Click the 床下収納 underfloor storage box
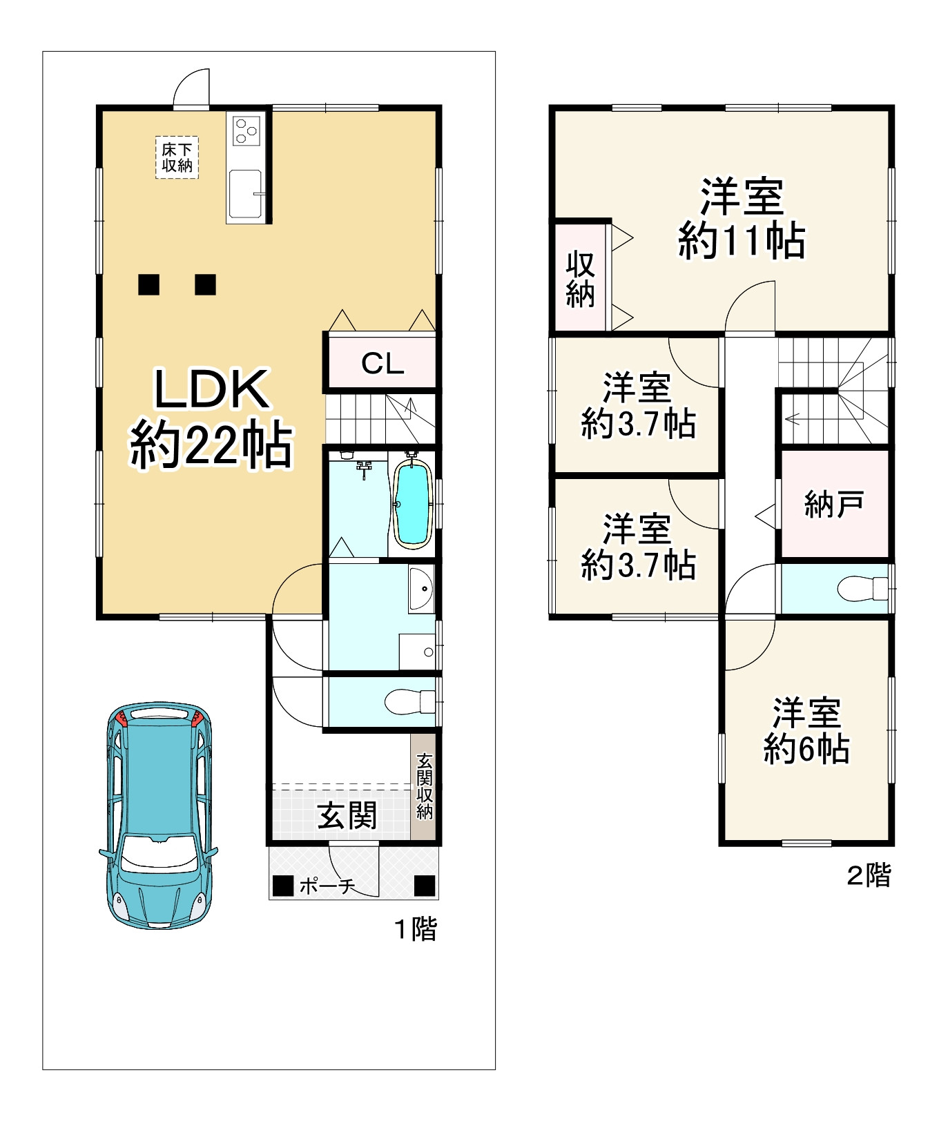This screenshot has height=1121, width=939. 177,157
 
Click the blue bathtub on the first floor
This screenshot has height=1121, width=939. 412,505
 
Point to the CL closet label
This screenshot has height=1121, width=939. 383,363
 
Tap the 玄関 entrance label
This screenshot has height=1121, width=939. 347,817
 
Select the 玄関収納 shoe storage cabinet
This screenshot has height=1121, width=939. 424,787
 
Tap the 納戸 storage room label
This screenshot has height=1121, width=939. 834,505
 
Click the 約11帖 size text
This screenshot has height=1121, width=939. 742,241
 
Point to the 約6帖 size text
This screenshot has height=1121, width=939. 806,748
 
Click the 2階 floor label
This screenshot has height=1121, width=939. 869,875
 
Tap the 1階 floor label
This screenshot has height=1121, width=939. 416,929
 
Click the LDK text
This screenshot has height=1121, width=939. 211,389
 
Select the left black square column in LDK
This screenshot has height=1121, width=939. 148,284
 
